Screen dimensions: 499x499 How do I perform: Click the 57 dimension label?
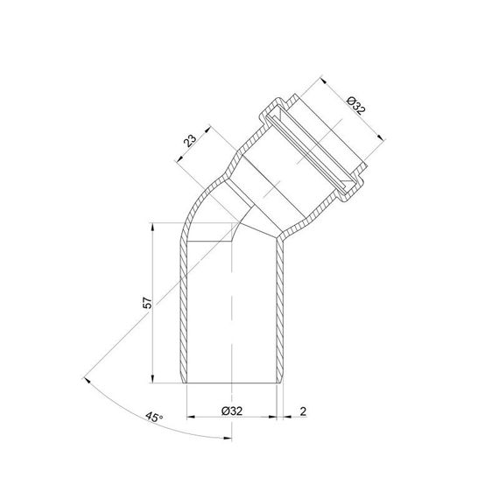click(148, 303)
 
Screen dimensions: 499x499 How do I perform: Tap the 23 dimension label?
click(191, 141)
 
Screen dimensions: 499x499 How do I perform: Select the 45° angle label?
click(154, 418)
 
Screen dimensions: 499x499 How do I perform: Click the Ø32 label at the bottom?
click(232, 411)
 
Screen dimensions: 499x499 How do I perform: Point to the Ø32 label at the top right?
click(356, 106)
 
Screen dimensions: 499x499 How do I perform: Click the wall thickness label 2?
click(303, 411)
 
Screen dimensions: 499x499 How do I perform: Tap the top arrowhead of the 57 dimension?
click(152, 227)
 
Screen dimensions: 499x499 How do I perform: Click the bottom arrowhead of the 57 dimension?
click(152, 379)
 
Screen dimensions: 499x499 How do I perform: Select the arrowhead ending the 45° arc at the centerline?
click(228, 439)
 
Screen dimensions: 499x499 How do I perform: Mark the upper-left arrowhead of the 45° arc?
click(87, 381)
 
